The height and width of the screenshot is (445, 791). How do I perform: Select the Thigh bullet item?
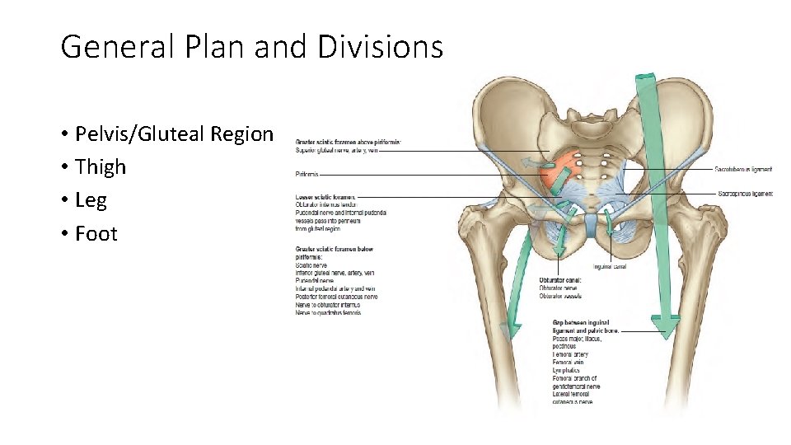click(x=101, y=166)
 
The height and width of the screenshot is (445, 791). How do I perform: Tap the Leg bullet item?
click(x=91, y=200)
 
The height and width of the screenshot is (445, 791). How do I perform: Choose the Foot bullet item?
click(x=96, y=233)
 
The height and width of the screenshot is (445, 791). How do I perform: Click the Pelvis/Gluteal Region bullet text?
click(x=174, y=133)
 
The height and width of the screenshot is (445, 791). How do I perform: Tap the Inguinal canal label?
click(x=611, y=266)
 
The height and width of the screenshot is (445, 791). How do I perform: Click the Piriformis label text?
click(x=307, y=174)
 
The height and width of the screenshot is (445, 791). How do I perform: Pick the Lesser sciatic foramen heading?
click(x=325, y=197)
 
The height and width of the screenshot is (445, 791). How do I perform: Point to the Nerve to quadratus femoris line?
click(x=328, y=312)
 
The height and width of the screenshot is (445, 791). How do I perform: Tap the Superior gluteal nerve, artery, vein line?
click(x=335, y=150)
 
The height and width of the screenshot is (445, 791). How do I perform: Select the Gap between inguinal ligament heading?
click(x=585, y=322)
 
